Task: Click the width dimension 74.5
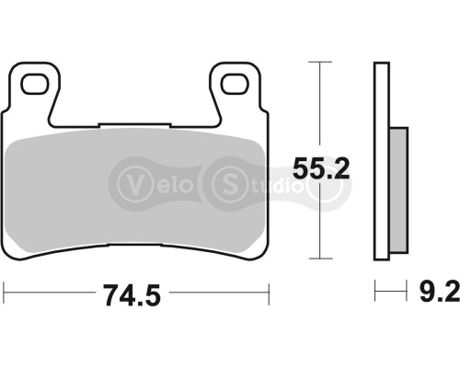pos(135,297)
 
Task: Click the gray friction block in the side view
pos(397,194)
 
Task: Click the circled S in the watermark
pos(224,179)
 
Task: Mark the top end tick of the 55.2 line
pos(319,63)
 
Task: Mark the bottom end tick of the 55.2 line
pos(319,259)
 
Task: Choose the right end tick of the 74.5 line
pos(268,295)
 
